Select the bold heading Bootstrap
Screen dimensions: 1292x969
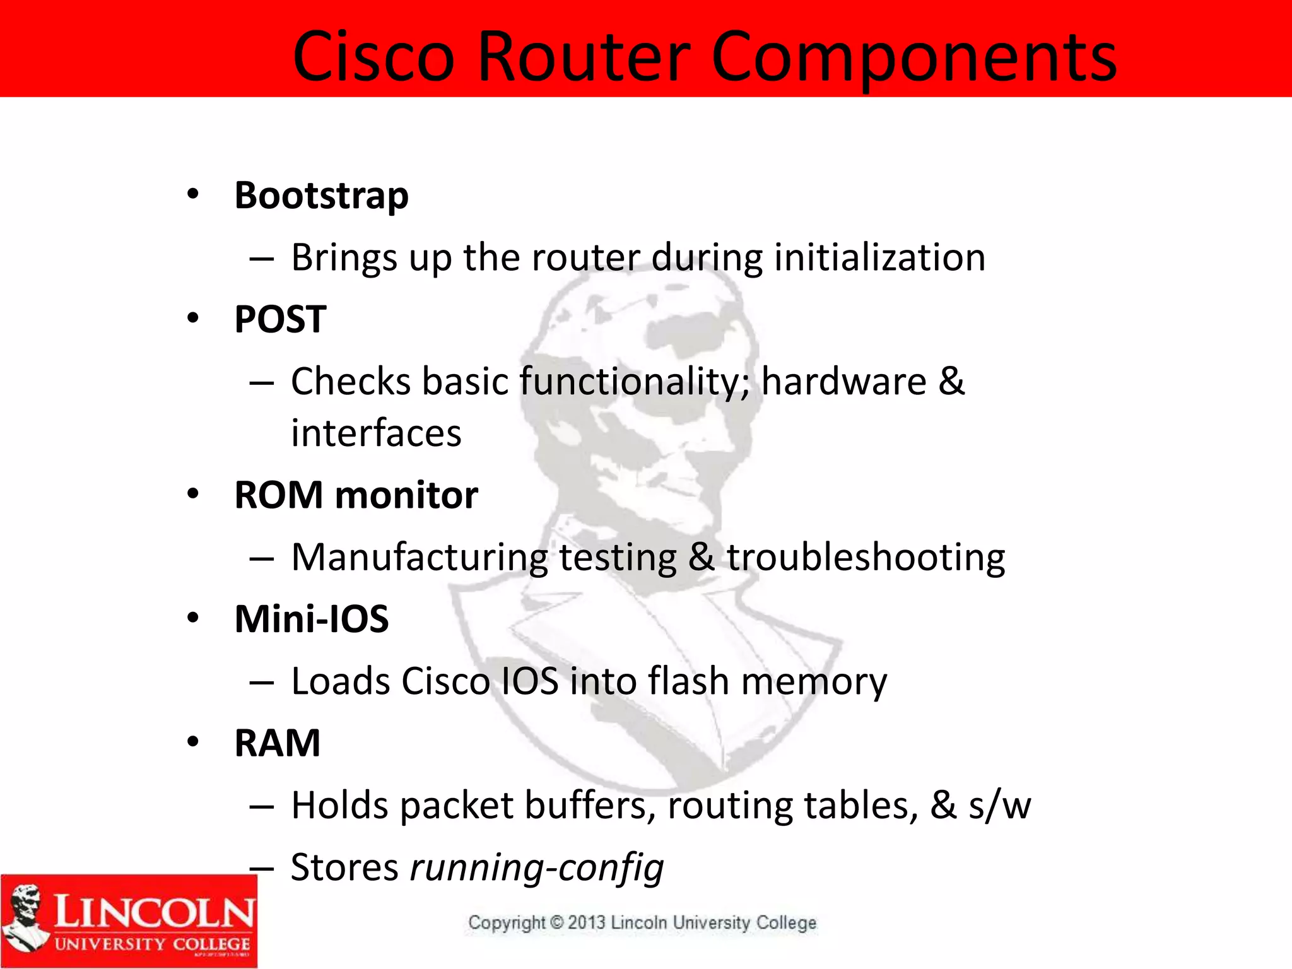tap(321, 196)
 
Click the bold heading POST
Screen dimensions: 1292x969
tap(280, 319)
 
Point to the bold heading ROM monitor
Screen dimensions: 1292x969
tap(356, 495)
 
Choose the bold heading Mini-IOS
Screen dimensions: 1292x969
tap(312, 619)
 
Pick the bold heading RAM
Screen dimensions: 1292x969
tap(277, 743)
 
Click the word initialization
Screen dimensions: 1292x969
tap(879, 257)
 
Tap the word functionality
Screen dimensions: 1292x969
tap(635, 382)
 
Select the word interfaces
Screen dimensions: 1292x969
tap(376, 433)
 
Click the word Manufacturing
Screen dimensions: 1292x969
tap(420, 558)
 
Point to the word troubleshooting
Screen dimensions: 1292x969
tap(866, 558)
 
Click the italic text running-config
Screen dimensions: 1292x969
tap(537, 867)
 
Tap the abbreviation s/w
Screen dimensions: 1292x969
tap(1000, 806)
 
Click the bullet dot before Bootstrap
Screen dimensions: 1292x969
tap(193, 194)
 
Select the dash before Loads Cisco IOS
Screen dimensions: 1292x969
tap(261, 683)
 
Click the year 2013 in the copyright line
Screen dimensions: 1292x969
tap(587, 923)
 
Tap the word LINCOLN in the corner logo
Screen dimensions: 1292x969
tap(155, 912)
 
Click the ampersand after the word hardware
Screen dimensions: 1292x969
tap(951, 382)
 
